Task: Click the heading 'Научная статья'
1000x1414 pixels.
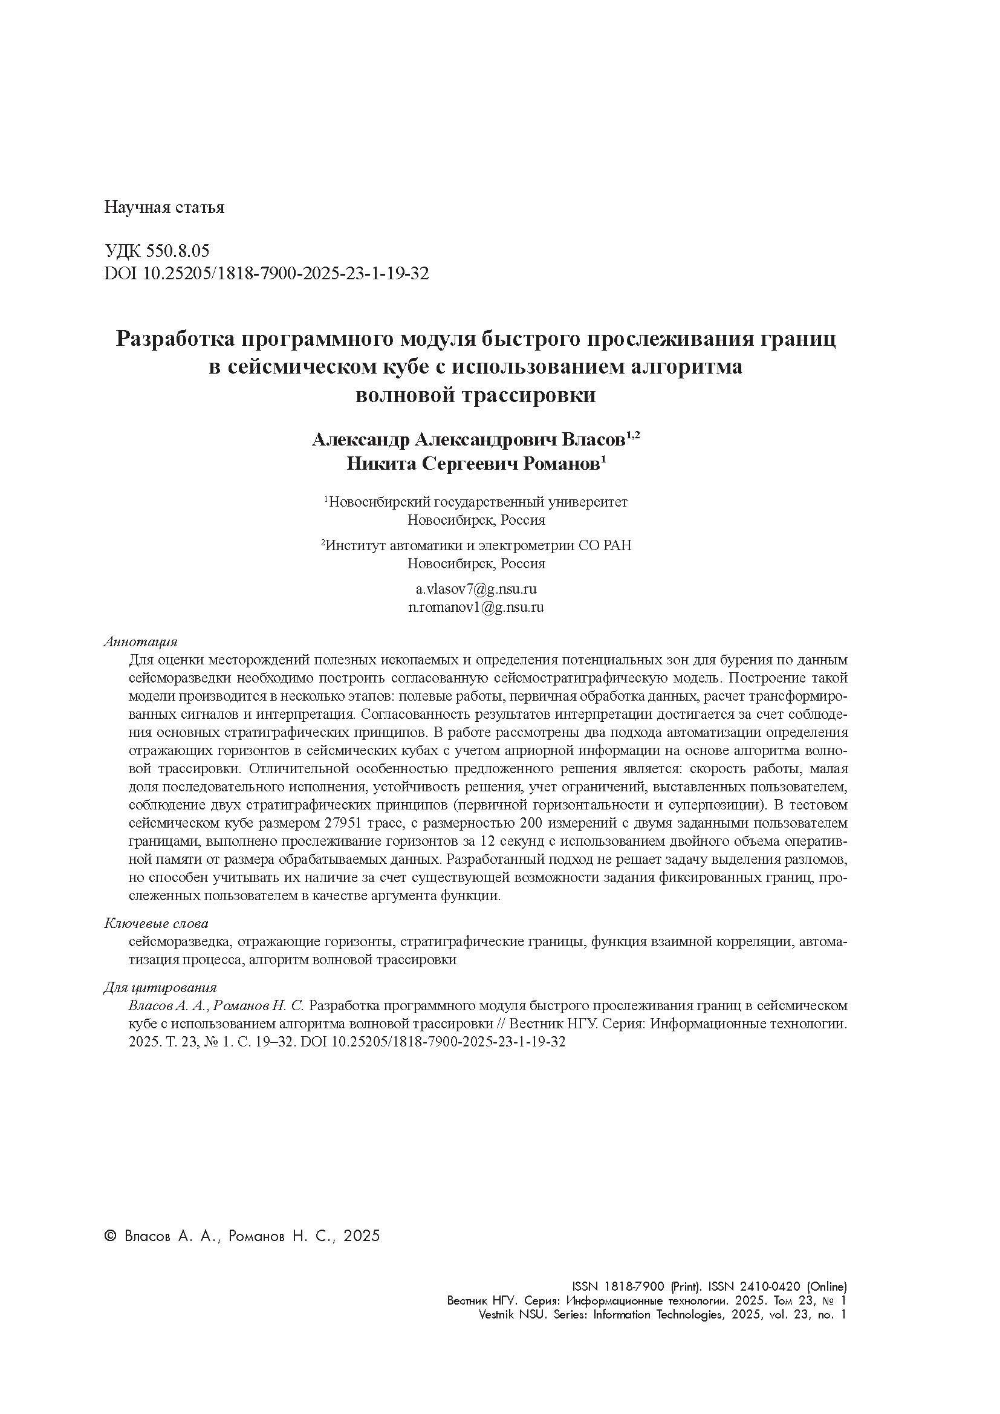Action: coord(164,207)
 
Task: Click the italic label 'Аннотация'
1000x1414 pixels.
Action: coord(140,642)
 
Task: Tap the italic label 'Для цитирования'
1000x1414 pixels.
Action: coord(160,988)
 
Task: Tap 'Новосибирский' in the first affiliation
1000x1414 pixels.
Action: coord(377,502)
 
